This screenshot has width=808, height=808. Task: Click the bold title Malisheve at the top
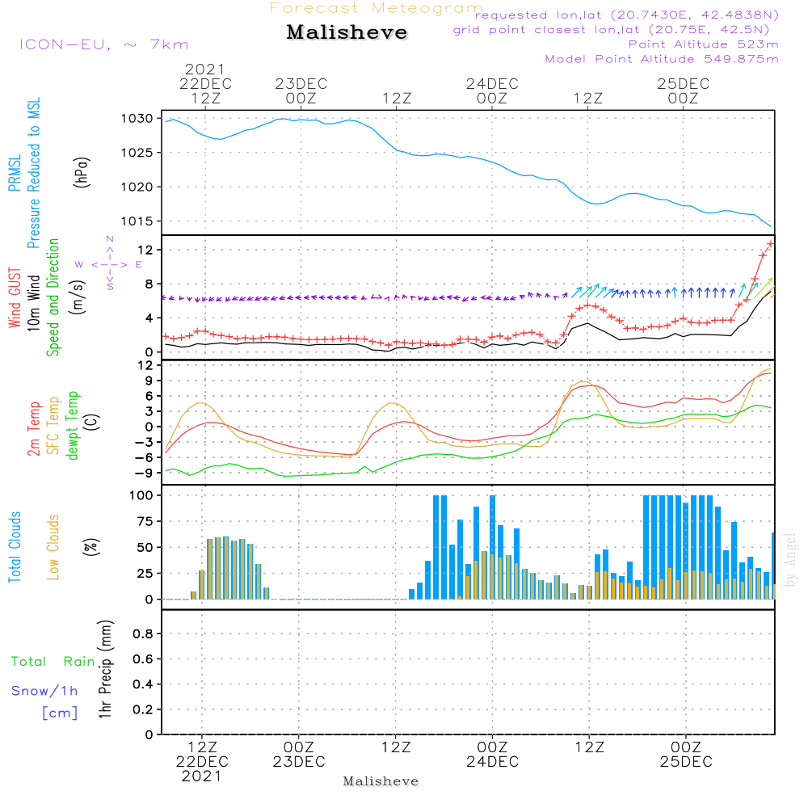(x=347, y=33)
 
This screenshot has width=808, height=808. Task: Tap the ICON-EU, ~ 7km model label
(x=103, y=44)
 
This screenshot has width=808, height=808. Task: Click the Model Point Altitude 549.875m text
(x=661, y=59)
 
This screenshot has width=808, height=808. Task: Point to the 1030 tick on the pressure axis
(x=138, y=119)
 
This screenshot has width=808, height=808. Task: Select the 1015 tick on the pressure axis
(x=138, y=221)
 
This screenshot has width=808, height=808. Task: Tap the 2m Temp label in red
(x=33, y=427)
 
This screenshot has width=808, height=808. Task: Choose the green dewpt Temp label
(x=74, y=426)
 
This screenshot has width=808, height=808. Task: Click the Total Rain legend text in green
(x=53, y=662)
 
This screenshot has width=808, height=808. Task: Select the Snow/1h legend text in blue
(x=45, y=691)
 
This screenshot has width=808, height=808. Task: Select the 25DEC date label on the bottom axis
(x=685, y=762)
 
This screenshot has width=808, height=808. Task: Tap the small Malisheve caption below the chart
(x=381, y=781)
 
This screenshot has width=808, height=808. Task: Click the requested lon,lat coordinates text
(x=625, y=15)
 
